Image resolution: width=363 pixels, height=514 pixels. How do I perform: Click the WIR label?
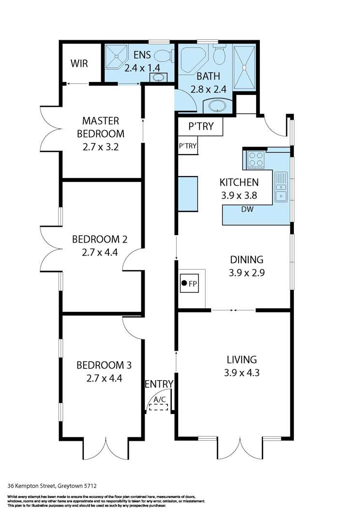tap(79, 63)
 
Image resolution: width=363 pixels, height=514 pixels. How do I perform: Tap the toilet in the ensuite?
tap(163, 55)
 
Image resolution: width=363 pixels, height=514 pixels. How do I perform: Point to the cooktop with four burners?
tap(256, 160)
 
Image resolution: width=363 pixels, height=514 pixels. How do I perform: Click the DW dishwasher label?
tap(247, 209)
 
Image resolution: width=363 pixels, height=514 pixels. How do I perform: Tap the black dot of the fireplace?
tap(184, 283)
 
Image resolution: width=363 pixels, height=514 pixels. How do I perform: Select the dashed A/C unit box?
tap(158, 407)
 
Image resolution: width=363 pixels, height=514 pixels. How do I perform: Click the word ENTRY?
tap(159, 384)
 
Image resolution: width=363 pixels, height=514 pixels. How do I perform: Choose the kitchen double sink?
tap(281, 187)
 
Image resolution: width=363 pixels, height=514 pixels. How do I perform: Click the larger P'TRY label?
tap(201, 126)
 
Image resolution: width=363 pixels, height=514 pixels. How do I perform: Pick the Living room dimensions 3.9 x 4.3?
tap(242, 373)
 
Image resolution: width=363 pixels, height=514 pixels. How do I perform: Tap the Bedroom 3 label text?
tap(104, 365)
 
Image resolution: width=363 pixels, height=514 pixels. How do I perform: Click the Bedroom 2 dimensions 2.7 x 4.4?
tap(100, 253)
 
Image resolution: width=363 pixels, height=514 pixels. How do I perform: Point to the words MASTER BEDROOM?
tap(101, 127)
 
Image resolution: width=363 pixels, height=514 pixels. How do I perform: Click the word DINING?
tap(247, 259)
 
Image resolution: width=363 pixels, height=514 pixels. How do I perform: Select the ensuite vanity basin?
tap(159, 78)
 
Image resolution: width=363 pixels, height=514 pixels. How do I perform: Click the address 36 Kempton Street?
tap(33, 486)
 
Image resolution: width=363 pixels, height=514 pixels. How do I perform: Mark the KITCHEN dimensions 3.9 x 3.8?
tap(239, 195)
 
